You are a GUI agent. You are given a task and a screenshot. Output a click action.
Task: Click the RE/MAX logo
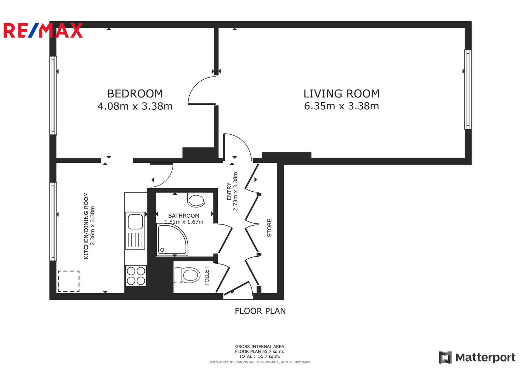tap(43, 30)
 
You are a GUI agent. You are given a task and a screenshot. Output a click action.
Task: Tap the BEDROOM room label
tap(135, 94)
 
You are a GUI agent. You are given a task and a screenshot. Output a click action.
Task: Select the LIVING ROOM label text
tap(342, 94)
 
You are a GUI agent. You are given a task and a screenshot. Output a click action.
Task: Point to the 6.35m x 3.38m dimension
tap(342, 106)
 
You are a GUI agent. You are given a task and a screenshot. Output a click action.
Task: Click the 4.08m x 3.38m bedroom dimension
tap(135, 106)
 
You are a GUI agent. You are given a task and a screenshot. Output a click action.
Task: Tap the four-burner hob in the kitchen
tap(136, 276)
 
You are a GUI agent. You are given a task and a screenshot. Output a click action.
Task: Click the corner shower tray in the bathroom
tap(172, 240)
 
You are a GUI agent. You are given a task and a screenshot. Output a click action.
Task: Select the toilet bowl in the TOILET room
tap(187, 275)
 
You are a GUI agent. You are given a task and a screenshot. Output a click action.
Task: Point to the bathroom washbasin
tap(196, 200)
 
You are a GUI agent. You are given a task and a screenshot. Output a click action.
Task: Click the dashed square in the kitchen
tap(69, 281)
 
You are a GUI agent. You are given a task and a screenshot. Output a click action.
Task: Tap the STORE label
tap(269, 228)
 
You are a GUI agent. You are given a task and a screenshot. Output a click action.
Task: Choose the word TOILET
tap(206, 276)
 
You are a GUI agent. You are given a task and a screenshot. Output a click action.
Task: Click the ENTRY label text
tap(229, 191)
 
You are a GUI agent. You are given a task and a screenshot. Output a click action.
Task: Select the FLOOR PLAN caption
tap(260, 311)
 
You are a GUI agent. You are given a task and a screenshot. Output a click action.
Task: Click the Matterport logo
tap(477, 357)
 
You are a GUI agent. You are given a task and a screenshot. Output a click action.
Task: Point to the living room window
tap(468, 90)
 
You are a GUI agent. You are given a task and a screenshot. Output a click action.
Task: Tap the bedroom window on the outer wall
tap(53, 95)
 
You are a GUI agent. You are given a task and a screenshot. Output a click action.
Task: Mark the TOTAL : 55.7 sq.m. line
tap(260, 356)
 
